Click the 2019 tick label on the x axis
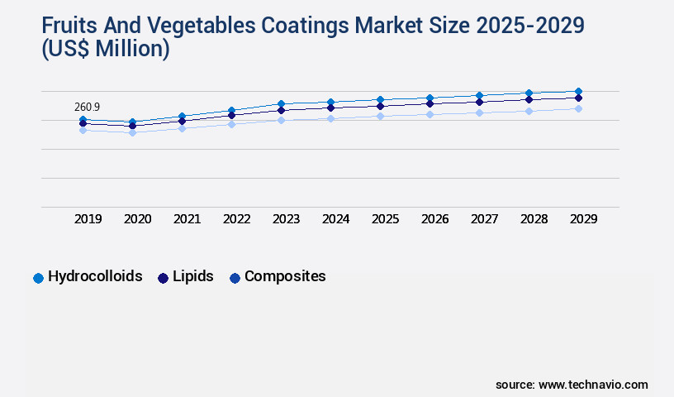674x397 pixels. pyautogui.click(x=88, y=219)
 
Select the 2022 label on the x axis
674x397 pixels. pyautogui.click(x=237, y=219)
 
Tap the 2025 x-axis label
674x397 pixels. pyautogui.click(x=386, y=219)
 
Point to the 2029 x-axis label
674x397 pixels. pyautogui.click(x=584, y=219)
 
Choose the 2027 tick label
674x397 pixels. pyautogui.click(x=485, y=219)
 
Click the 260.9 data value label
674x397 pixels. pyautogui.click(x=88, y=107)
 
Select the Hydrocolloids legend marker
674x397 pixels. pyautogui.click(x=38, y=278)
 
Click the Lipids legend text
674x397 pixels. pyautogui.click(x=193, y=276)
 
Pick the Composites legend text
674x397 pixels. pyautogui.click(x=285, y=276)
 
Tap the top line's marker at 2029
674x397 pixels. pyautogui.click(x=578, y=91)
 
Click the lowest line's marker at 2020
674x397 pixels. pyautogui.click(x=132, y=132)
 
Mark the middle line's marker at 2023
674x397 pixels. pyautogui.click(x=281, y=110)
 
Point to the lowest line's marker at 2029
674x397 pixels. pyautogui.click(x=578, y=108)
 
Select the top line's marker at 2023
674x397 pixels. pyautogui.click(x=281, y=103)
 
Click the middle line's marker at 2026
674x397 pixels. pyautogui.click(x=430, y=103)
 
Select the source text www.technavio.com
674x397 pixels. pyautogui.click(x=593, y=385)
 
